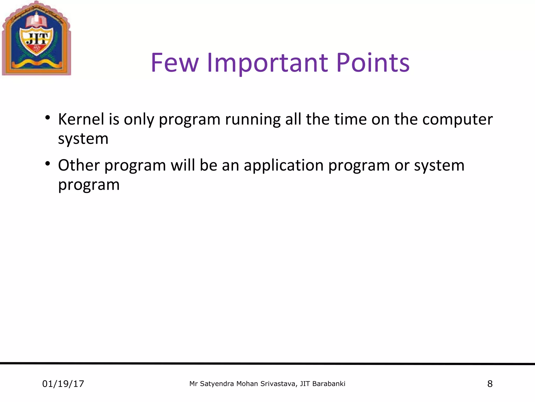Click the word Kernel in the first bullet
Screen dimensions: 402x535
point(81,119)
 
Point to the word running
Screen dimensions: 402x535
point(253,120)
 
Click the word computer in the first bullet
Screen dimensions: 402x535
point(457,120)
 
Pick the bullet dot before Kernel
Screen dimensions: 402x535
point(47,118)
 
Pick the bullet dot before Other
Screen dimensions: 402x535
point(47,164)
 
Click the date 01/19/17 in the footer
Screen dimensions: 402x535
point(63,384)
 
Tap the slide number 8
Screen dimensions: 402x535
point(490,384)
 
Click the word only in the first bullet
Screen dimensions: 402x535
point(139,120)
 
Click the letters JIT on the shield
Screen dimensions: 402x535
point(37,39)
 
